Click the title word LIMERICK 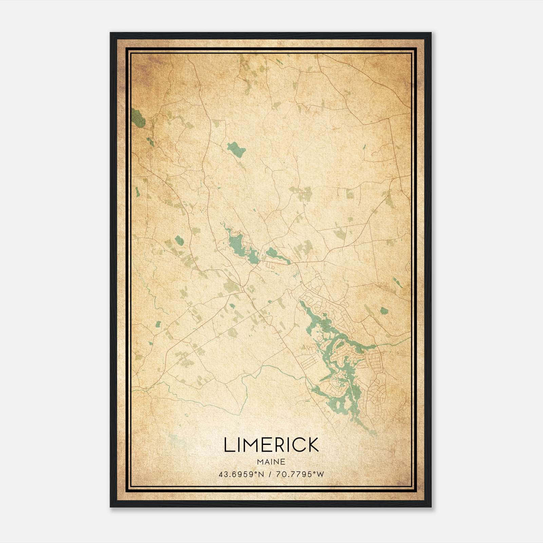(271, 445)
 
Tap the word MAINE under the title (271, 462)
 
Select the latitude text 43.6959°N (241, 474)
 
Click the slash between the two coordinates (270, 474)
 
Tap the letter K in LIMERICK (313, 445)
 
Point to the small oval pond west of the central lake (179, 241)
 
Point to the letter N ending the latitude (261, 474)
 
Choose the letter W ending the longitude (321, 474)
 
